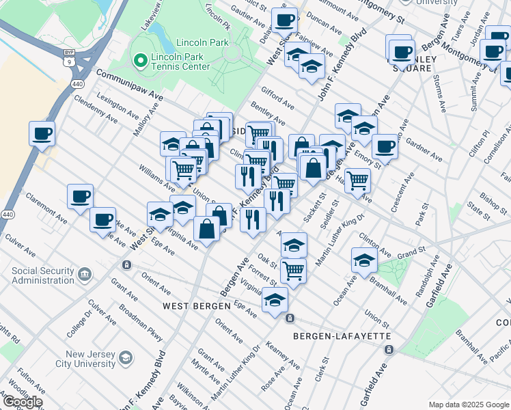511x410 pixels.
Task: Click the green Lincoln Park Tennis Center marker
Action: (141, 61)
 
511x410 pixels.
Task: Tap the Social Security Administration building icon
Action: (85, 275)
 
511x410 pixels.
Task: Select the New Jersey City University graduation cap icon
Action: (126, 358)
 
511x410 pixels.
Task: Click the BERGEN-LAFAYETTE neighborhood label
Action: (342, 336)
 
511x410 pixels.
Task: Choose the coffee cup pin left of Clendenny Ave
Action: (42, 133)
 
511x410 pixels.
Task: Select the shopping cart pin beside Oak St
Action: (293, 269)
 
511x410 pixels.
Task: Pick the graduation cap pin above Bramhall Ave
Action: (364, 259)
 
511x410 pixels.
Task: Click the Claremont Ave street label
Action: (46, 200)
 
